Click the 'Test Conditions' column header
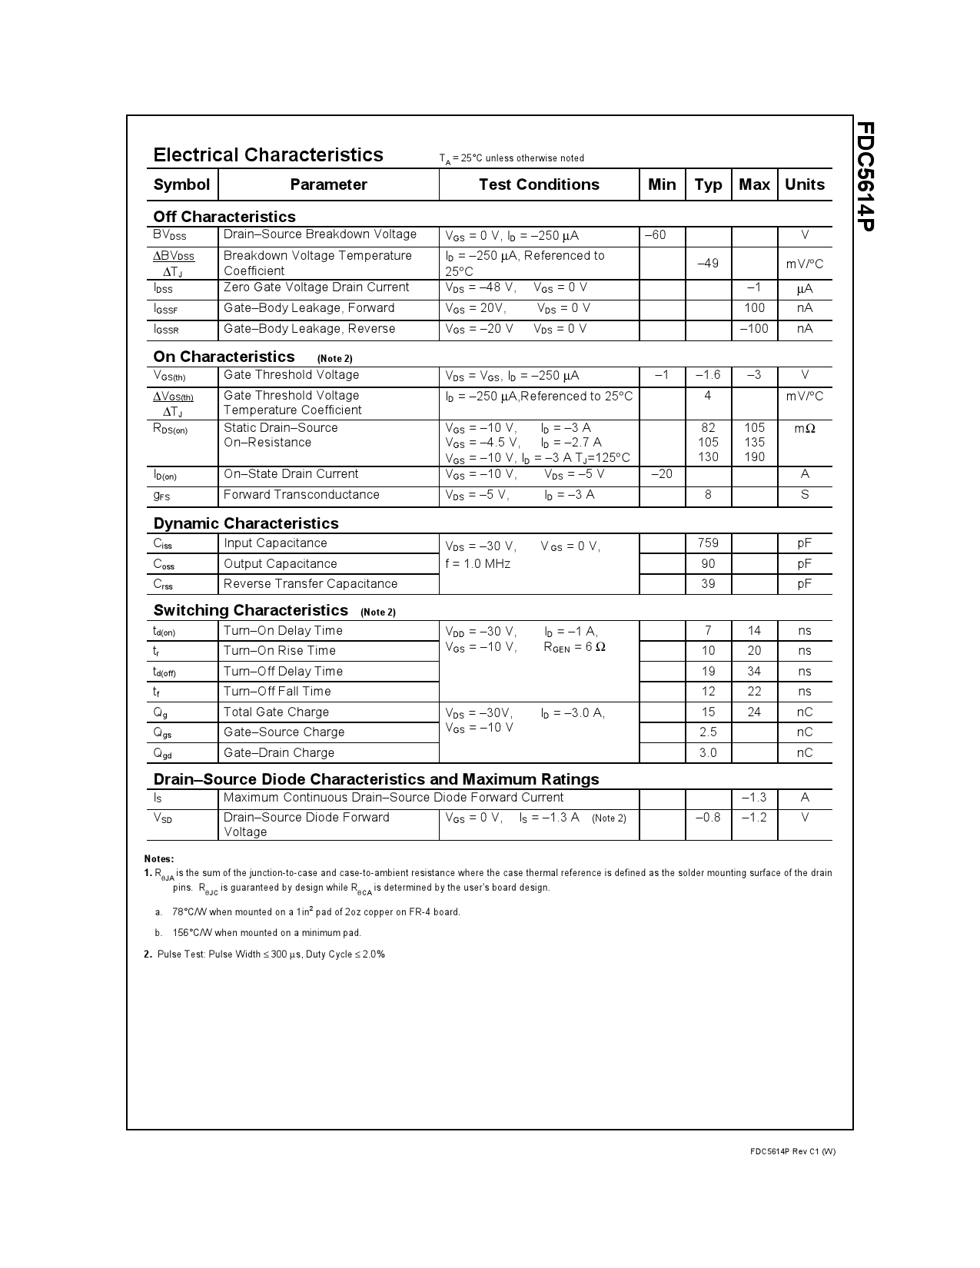(538, 184)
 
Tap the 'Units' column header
(804, 184)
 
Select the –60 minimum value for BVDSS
(655, 235)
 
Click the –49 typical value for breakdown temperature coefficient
(708, 264)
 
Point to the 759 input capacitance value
(708, 543)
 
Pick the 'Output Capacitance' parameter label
(280, 564)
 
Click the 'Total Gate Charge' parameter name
(276, 712)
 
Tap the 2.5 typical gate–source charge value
(708, 732)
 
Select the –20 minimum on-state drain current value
(661, 474)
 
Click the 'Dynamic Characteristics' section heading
(246, 523)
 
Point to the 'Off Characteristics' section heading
(224, 217)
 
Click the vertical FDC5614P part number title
(865, 176)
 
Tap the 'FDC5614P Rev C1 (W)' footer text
(792, 1151)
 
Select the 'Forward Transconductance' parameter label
(301, 495)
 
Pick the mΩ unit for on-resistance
(804, 428)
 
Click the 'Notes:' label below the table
(159, 858)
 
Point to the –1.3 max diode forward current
(754, 798)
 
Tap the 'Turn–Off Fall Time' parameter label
(277, 692)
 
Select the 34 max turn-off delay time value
(754, 672)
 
